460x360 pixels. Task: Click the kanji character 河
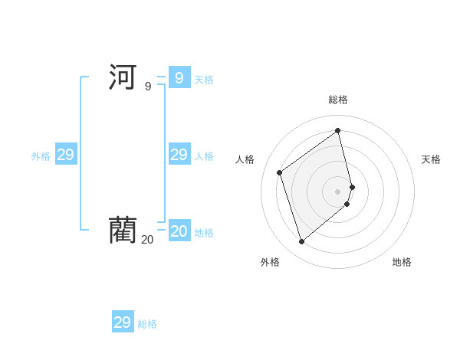click(123, 77)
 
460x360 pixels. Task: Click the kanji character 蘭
click(123, 230)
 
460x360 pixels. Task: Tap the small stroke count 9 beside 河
click(148, 87)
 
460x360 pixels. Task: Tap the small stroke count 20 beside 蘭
click(147, 240)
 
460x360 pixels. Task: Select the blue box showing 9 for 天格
click(179, 77)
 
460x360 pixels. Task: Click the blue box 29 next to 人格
click(179, 155)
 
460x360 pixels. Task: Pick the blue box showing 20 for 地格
click(179, 231)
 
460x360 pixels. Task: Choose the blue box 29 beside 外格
click(65, 155)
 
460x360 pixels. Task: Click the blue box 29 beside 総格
click(123, 322)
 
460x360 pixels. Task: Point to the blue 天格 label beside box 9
click(204, 79)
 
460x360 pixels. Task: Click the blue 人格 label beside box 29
click(204, 156)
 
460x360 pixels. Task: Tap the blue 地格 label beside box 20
click(204, 233)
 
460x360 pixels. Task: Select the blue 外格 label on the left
click(41, 156)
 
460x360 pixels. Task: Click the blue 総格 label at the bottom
click(147, 324)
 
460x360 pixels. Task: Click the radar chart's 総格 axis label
click(338, 100)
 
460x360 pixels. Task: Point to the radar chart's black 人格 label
click(245, 159)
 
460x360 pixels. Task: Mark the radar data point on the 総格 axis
click(338, 130)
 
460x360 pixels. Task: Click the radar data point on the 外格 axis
click(301, 242)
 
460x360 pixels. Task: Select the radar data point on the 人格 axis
click(280, 172)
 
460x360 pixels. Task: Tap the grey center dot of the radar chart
click(338, 191)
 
